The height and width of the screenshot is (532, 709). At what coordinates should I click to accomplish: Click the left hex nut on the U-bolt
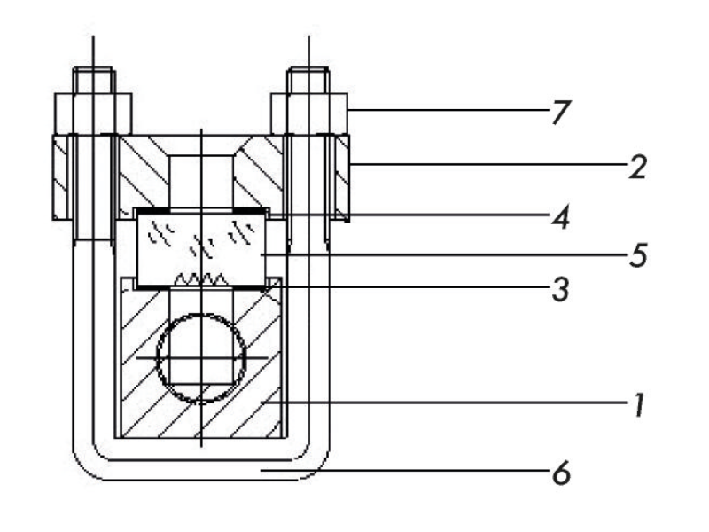point(93,112)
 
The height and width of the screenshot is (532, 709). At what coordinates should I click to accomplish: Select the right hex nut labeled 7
point(308,112)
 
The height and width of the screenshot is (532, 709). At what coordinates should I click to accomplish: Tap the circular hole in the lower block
point(201,357)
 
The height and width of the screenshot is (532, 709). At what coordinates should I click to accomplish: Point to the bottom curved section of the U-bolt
point(201,470)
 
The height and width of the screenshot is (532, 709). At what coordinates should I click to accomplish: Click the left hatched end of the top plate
point(60,177)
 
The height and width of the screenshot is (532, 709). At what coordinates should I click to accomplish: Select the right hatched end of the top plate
point(342,177)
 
